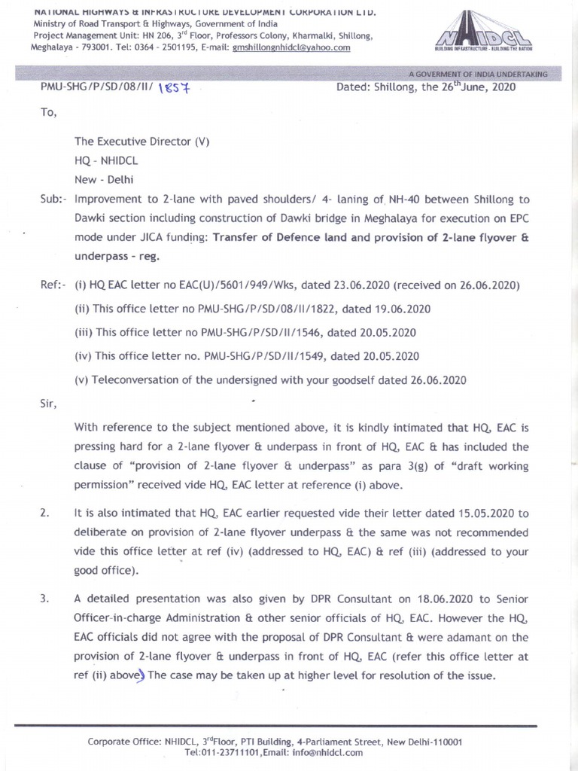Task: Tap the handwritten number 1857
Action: point(180,90)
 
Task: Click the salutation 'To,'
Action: point(47,114)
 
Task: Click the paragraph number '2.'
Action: point(45,513)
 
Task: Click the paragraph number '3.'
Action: point(45,599)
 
